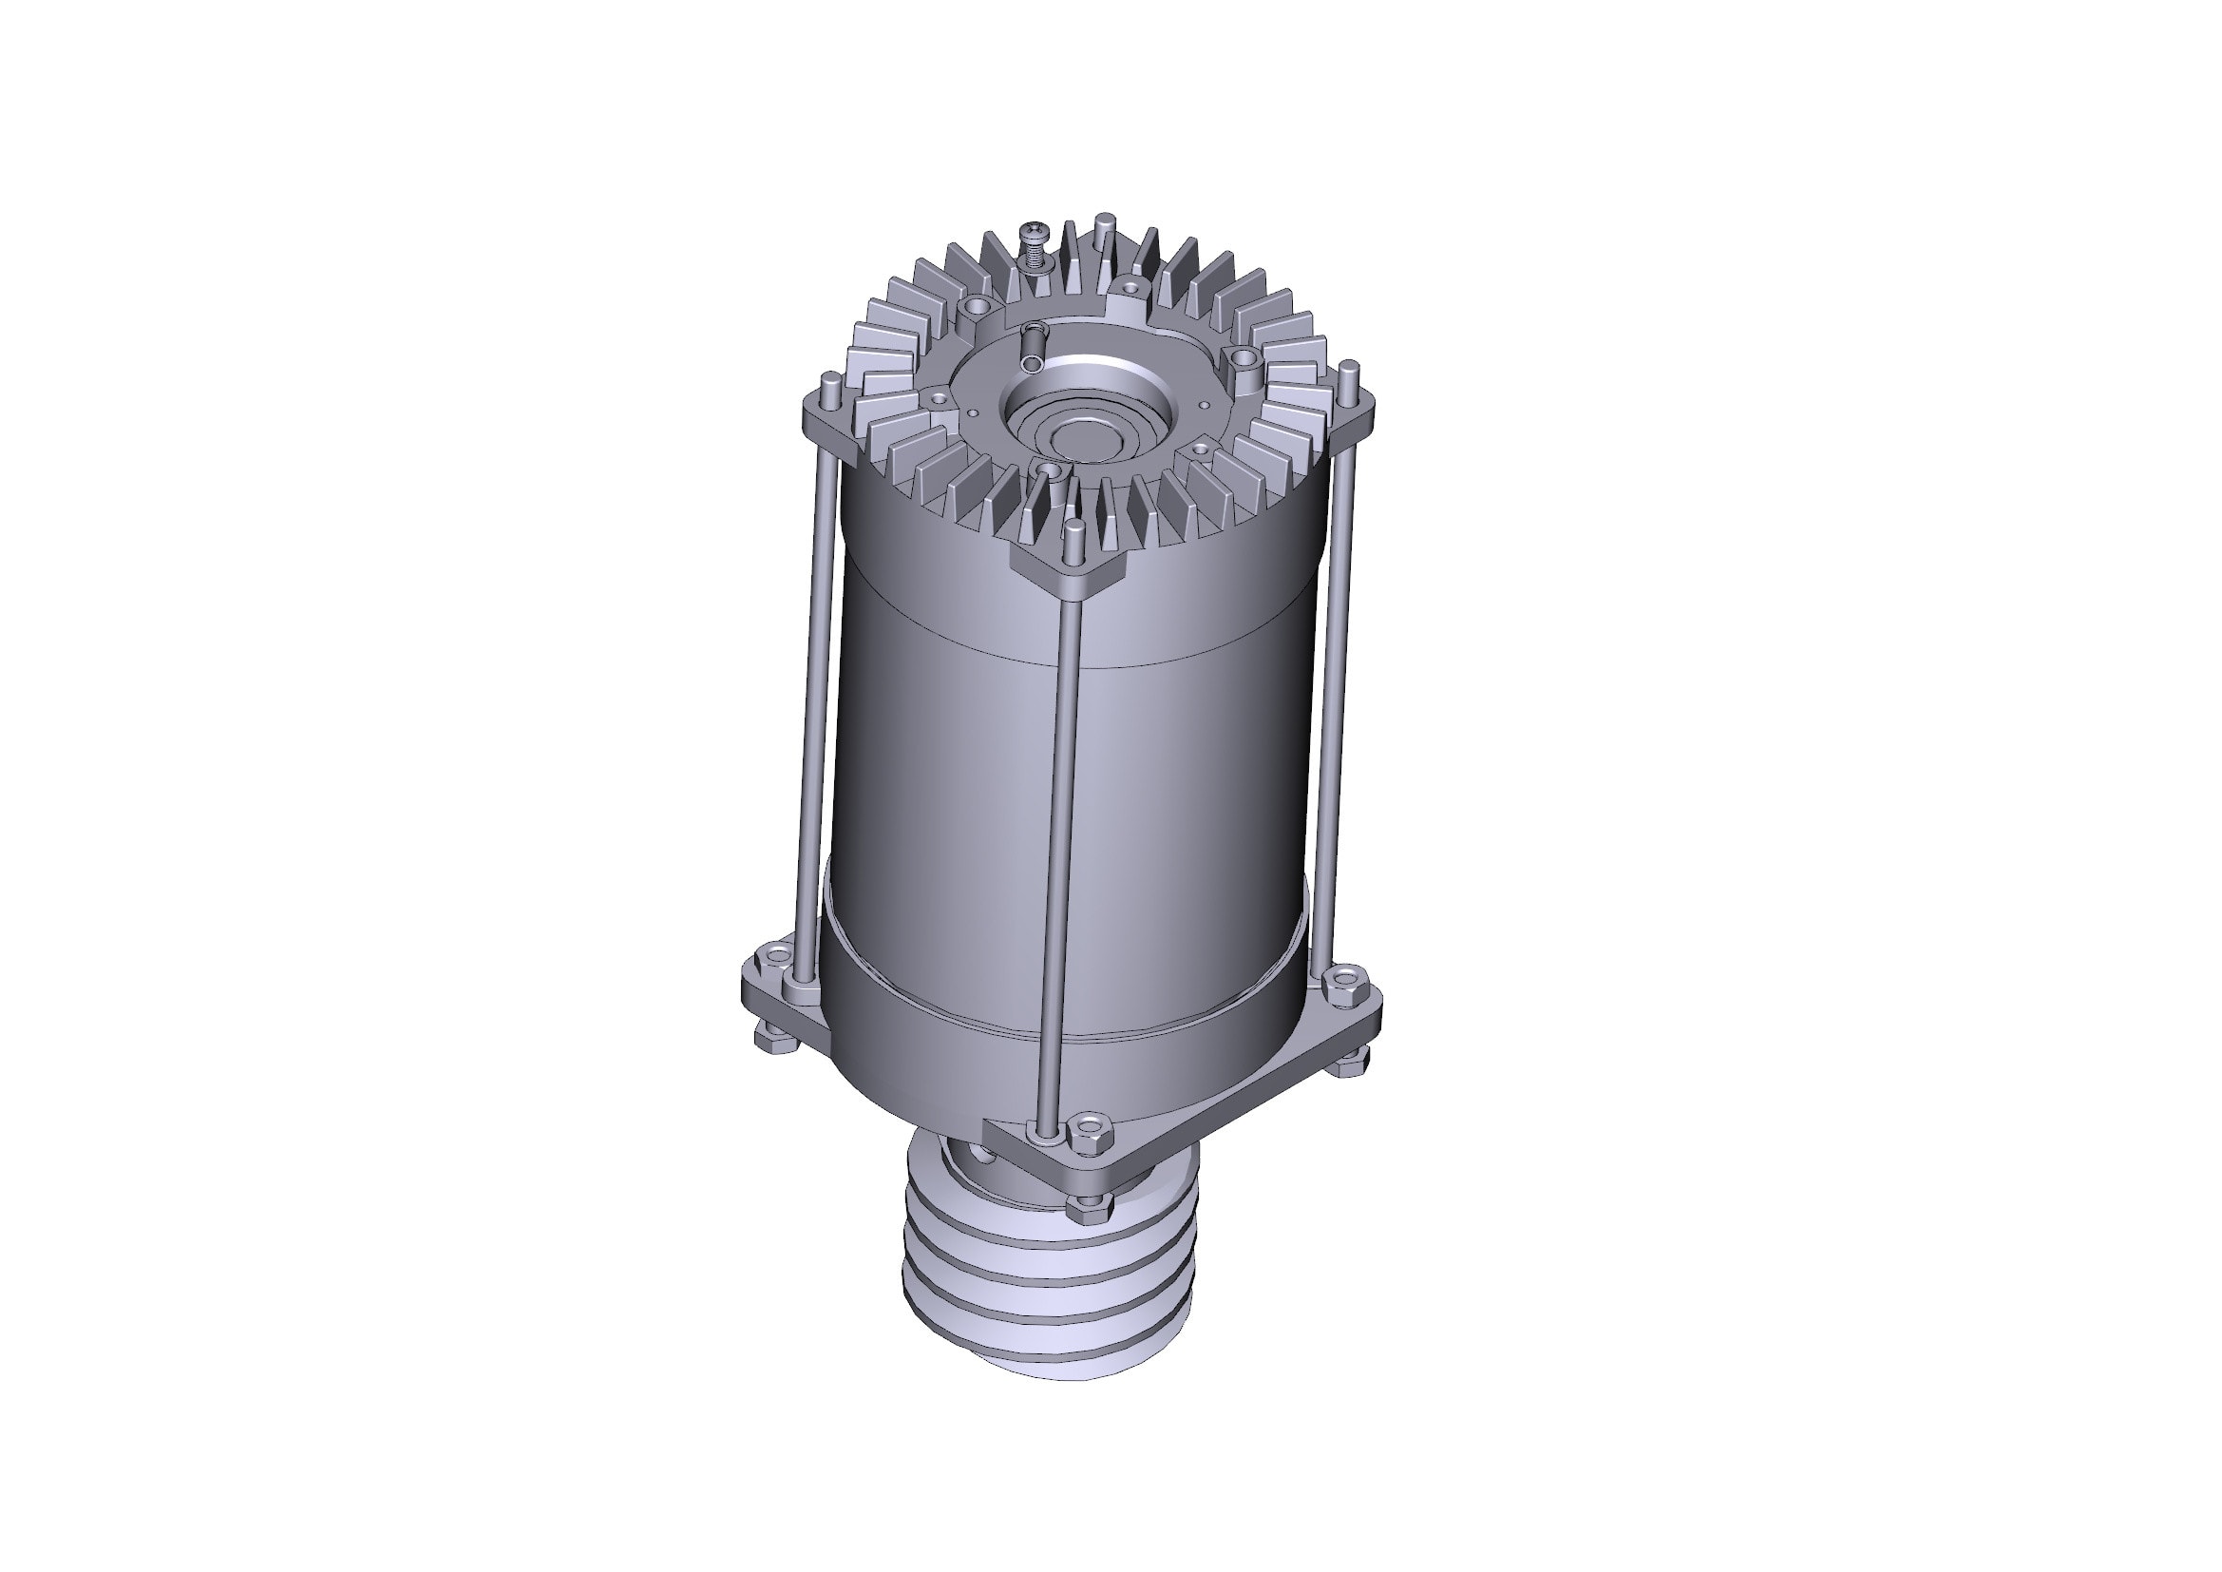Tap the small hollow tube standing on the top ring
click(1033, 347)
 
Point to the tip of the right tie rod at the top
click(1351, 368)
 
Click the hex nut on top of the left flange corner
click(773, 959)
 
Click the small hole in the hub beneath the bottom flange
click(984, 1155)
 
